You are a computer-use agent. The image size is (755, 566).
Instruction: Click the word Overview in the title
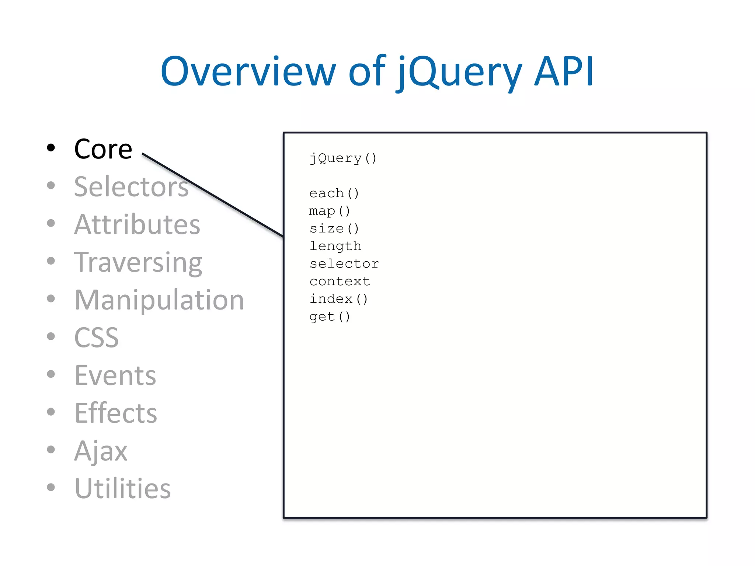pyautogui.click(x=248, y=72)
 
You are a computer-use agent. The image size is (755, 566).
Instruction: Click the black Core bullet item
pyautogui.click(x=103, y=149)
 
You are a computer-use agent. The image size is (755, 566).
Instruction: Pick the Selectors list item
pyautogui.click(x=131, y=187)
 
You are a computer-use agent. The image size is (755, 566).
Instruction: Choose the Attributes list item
pyautogui.click(x=137, y=224)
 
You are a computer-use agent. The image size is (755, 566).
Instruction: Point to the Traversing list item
pyautogui.click(x=138, y=262)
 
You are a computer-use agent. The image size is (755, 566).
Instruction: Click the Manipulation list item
pyautogui.click(x=159, y=300)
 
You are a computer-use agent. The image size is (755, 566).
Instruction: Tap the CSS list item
pyautogui.click(x=97, y=338)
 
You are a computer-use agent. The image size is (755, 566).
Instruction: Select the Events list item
pyautogui.click(x=115, y=375)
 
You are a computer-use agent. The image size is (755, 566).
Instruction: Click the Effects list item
pyautogui.click(x=116, y=413)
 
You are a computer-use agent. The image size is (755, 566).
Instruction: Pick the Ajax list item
pyautogui.click(x=101, y=451)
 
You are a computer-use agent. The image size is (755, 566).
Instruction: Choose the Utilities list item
pyautogui.click(x=123, y=489)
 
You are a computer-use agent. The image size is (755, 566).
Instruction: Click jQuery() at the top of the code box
pyautogui.click(x=343, y=158)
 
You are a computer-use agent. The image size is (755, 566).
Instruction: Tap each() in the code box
pyautogui.click(x=334, y=193)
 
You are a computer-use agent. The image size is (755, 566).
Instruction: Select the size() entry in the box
pyautogui.click(x=334, y=228)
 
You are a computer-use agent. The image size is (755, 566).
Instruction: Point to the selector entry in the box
pyautogui.click(x=344, y=264)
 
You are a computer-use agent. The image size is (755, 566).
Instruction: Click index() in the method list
pyautogui.click(x=338, y=299)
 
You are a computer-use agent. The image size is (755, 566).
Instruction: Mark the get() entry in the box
pyautogui.click(x=330, y=317)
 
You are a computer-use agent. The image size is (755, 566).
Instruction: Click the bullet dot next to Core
pyautogui.click(x=51, y=148)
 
